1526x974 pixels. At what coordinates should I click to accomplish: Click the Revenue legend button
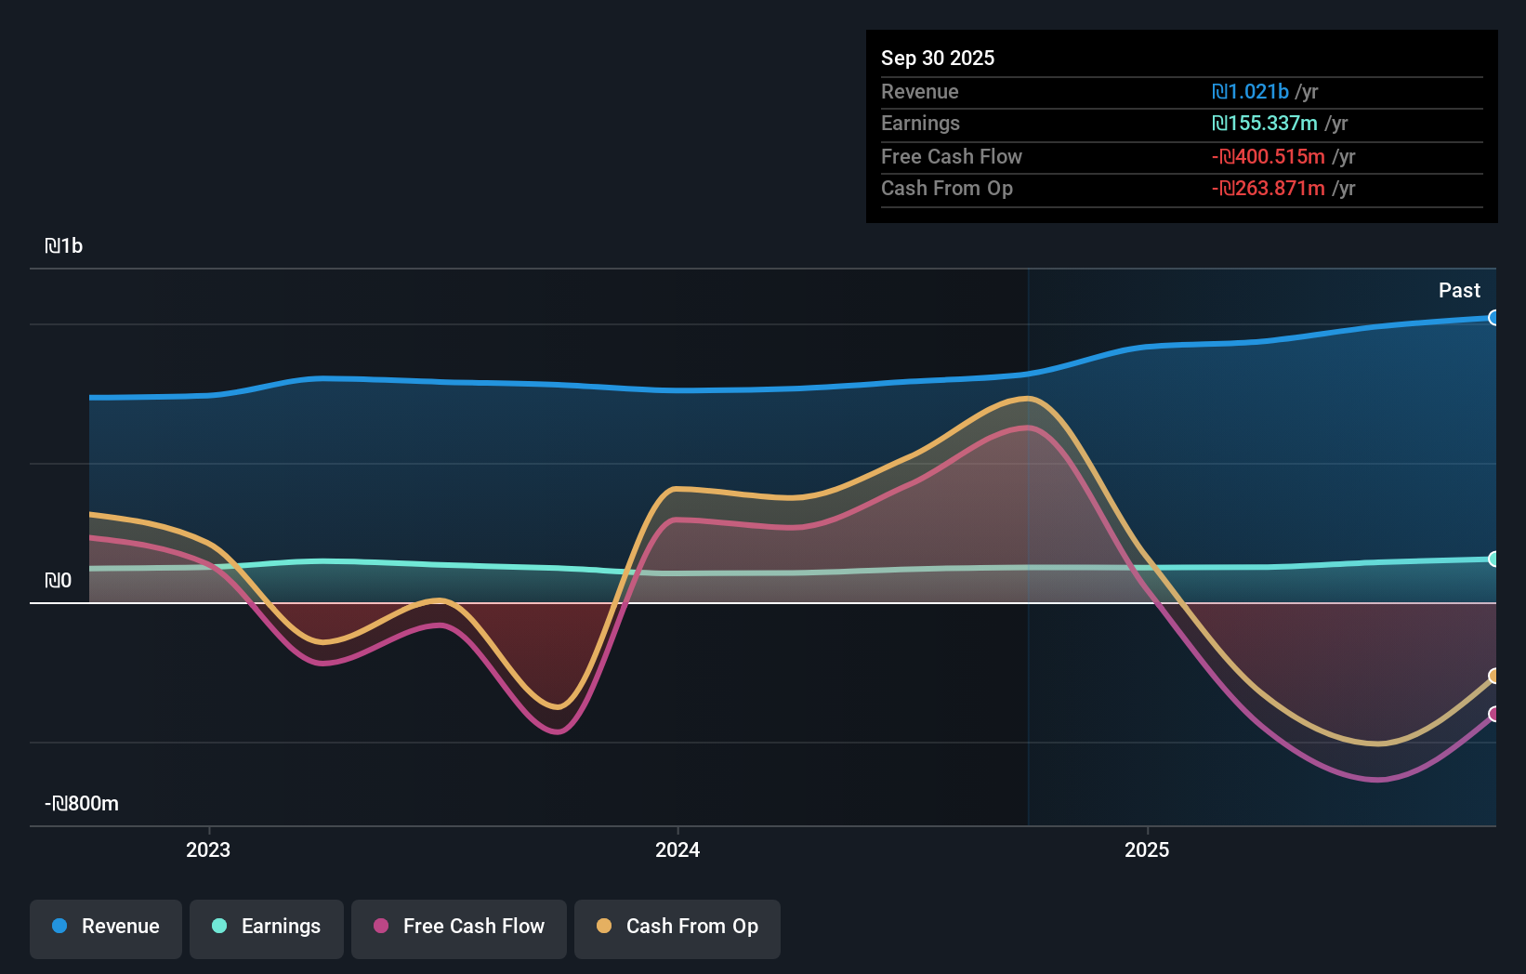pos(106,928)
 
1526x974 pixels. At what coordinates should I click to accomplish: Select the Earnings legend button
pos(267,928)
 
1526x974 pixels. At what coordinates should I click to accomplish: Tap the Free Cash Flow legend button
pos(459,928)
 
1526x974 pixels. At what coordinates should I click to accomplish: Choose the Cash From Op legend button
pos(677,928)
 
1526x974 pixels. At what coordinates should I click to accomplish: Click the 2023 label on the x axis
pos(208,850)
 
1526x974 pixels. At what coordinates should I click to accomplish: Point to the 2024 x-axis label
pos(677,850)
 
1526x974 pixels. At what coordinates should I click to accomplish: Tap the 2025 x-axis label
pos(1147,850)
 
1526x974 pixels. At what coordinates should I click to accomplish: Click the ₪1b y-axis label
pos(64,246)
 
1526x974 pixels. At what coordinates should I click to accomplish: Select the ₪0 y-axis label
pos(59,581)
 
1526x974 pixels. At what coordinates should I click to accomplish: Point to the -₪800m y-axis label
pos(82,804)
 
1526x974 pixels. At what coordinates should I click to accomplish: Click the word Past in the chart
pos(1459,291)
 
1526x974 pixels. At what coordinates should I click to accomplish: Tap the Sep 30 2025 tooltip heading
pos(938,59)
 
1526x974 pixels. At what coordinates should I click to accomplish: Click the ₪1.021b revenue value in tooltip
pos(1250,92)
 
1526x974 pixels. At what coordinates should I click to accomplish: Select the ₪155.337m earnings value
pos(1265,124)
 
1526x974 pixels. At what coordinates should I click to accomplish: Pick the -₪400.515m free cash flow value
pos(1269,157)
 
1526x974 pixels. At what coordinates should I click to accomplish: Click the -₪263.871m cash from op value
pos(1269,189)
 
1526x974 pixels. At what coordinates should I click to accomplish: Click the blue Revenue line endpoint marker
pos(1493,318)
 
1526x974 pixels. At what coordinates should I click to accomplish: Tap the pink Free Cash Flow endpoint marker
pos(1493,714)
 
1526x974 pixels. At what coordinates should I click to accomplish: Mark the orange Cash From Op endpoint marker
pos(1493,676)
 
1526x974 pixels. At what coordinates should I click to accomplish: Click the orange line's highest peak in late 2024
pos(1027,399)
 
